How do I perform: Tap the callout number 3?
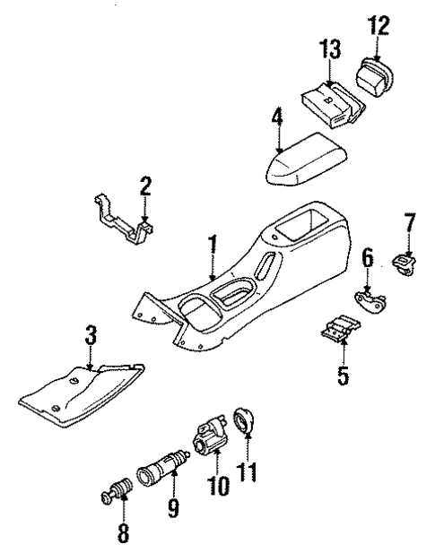tap(91, 338)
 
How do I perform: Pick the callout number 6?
tap(368, 259)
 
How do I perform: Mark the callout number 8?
tap(123, 534)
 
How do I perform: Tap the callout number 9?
tap(174, 510)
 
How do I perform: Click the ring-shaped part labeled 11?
tap(244, 420)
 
